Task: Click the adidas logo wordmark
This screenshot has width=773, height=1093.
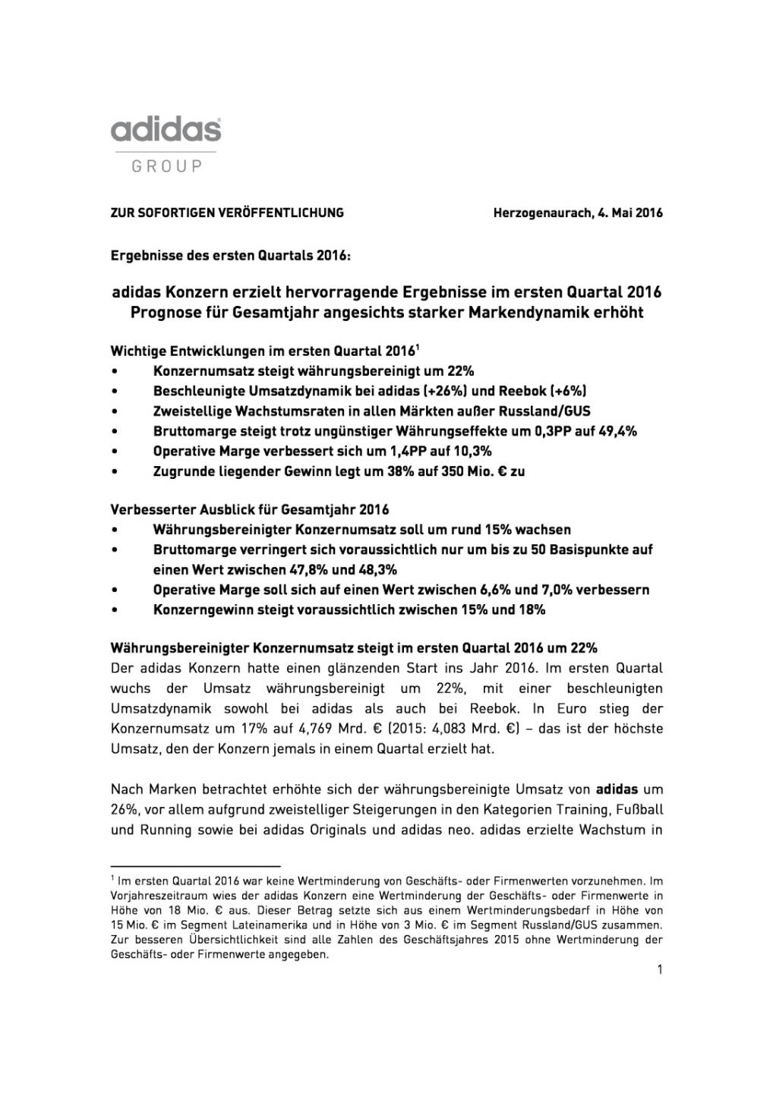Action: [166, 130]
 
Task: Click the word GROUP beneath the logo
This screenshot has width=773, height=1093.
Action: [167, 166]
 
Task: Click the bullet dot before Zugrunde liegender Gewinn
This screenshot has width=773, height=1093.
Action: [114, 471]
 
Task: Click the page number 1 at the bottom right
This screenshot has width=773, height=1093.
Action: [660, 969]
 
